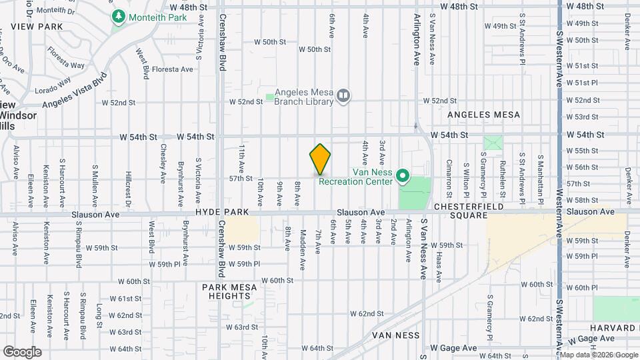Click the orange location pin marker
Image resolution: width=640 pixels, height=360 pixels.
click(320, 159)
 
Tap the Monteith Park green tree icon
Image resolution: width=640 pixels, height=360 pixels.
click(119, 15)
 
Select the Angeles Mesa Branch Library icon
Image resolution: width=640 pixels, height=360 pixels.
click(343, 96)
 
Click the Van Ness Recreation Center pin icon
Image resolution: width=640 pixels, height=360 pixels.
click(403, 176)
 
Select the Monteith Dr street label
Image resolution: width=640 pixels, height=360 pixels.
click(55, 11)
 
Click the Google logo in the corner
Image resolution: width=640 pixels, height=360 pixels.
click(23, 351)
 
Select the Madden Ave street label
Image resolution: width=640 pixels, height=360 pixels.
click(303, 241)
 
